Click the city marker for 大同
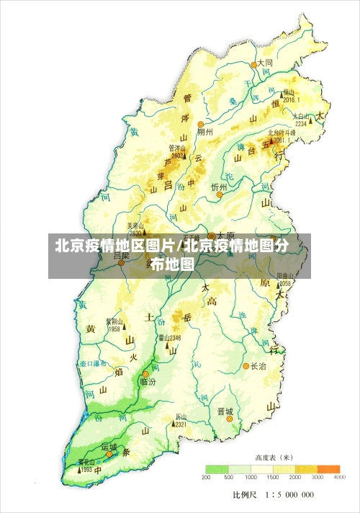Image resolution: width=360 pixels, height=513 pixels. [253, 64]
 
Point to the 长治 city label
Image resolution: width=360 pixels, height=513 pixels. [258, 366]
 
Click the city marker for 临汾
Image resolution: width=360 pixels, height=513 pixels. [145, 373]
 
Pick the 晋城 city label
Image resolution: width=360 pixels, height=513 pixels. [225, 411]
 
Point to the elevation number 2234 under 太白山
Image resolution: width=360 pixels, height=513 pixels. [301, 123]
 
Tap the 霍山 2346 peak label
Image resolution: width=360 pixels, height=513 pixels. [170, 337]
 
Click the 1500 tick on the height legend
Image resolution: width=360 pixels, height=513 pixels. [273, 478]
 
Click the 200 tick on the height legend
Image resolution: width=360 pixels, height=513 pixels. [206, 478]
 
